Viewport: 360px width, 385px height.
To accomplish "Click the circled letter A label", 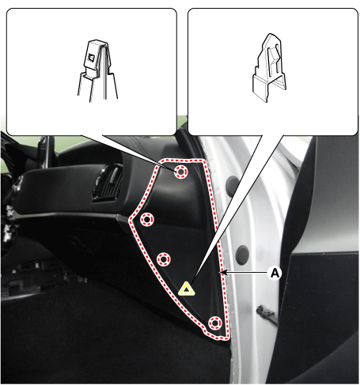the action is pos(275,273).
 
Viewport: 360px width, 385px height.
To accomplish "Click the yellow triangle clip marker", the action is pos(187,289).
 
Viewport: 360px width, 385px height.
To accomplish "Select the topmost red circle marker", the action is pos(180,172).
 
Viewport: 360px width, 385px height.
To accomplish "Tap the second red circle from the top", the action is pos(147,219).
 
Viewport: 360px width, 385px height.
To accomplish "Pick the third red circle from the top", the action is pos(164,259).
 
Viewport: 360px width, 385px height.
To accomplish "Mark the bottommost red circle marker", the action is pos(215,323).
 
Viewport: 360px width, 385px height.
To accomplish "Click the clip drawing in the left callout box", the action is pos(97,70).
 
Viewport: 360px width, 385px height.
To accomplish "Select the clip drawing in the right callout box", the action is pos(269,68).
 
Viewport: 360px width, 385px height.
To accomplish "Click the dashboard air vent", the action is pos(108,184).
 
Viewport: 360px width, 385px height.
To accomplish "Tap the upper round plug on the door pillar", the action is pos(233,183).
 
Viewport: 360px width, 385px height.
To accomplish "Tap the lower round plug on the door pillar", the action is pos(242,255).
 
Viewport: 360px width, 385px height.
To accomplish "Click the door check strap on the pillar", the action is pos(267,314).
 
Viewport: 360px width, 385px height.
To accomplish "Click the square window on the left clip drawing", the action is pos(91,57).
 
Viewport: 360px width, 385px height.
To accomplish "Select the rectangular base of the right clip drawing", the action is pos(269,88).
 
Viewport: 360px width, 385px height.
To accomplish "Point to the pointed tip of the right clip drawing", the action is pos(270,34).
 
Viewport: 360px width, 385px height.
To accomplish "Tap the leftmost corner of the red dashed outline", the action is pos(130,220).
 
